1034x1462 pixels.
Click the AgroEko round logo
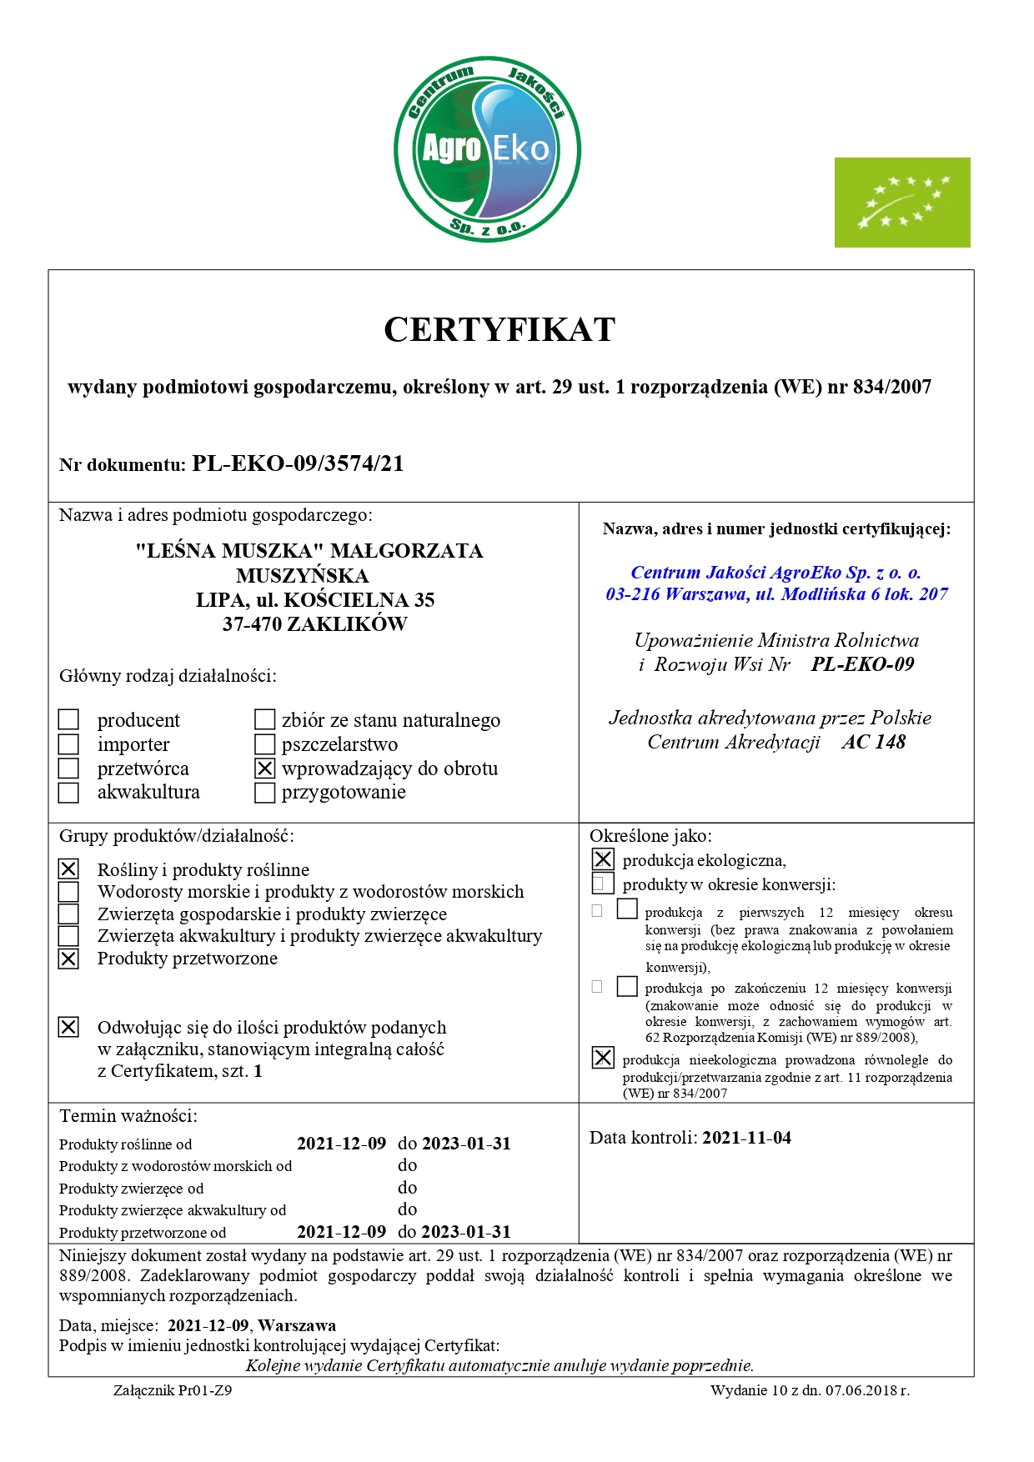click(x=487, y=149)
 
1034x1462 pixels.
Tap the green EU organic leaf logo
click(x=902, y=203)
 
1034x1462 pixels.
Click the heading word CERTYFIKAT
click(x=499, y=330)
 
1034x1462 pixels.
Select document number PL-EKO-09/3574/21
click(x=298, y=464)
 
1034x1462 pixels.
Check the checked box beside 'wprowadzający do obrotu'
click(x=264, y=769)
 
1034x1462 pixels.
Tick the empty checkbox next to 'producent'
click(x=69, y=719)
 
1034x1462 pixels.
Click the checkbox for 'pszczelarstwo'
click(x=264, y=744)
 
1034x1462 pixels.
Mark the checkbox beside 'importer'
click(x=69, y=744)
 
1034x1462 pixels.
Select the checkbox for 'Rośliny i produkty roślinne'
click(x=69, y=869)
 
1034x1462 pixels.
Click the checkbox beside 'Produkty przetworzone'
click(x=69, y=959)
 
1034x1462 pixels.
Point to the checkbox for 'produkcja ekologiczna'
click(x=603, y=859)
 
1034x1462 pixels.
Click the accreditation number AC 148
click(x=873, y=742)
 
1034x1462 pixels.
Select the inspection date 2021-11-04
click(x=746, y=1138)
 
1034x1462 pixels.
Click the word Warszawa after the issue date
click(x=298, y=1325)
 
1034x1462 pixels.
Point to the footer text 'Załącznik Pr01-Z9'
click(x=173, y=1390)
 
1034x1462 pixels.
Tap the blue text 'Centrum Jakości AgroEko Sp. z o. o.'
click(x=775, y=573)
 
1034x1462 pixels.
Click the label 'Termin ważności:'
click(x=128, y=1116)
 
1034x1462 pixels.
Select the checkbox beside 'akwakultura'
click(x=69, y=793)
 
